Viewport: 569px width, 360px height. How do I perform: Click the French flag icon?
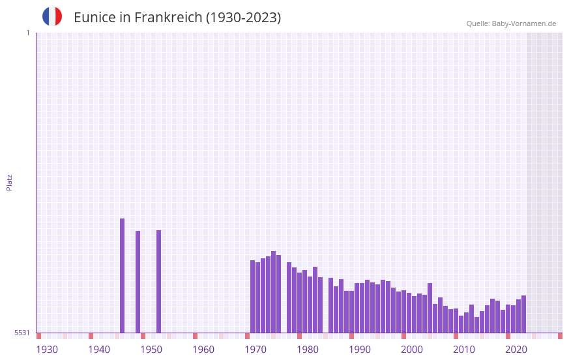[52, 16]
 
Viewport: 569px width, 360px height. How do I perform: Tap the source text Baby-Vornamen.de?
[524, 23]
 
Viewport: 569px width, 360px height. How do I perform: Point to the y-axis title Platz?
[9, 182]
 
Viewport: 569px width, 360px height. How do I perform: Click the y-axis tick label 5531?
[22, 333]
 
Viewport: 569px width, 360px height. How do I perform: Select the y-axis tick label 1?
[27, 33]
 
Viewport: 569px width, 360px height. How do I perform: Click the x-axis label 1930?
[47, 350]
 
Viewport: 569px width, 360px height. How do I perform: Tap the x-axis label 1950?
[151, 350]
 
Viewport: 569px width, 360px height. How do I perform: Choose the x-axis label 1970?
[255, 350]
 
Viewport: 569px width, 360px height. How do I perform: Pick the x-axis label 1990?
[360, 350]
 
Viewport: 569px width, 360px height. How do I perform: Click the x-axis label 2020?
[516, 350]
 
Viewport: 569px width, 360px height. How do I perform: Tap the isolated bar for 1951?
[158, 281]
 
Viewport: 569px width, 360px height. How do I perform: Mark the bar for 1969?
[252, 296]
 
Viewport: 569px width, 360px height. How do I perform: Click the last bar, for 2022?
[523, 314]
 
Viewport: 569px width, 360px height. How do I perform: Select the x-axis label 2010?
[464, 350]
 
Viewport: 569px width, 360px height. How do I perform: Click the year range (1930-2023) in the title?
[243, 18]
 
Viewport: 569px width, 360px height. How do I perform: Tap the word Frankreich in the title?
[169, 18]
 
